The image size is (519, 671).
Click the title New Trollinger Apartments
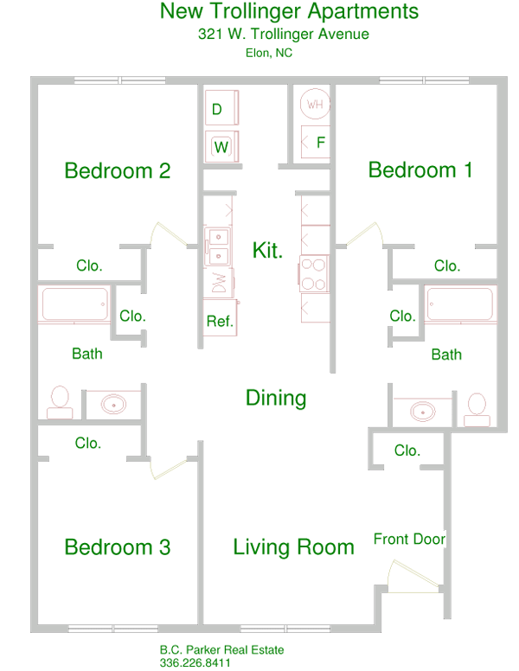point(290,12)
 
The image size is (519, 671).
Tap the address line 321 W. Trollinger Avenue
point(284,35)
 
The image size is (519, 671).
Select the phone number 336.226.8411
point(195,663)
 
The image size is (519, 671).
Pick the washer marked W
point(222,146)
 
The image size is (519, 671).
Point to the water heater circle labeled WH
point(315,105)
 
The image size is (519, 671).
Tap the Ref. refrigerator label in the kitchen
point(220,322)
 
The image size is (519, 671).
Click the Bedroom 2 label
point(118,170)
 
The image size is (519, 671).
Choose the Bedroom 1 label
point(420,169)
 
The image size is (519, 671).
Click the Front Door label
point(409,540)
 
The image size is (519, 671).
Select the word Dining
point(276,398)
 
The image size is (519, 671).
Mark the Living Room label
point(293,546)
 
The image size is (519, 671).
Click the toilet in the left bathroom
point(60,402)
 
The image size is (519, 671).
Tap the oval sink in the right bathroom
point(423,411)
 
